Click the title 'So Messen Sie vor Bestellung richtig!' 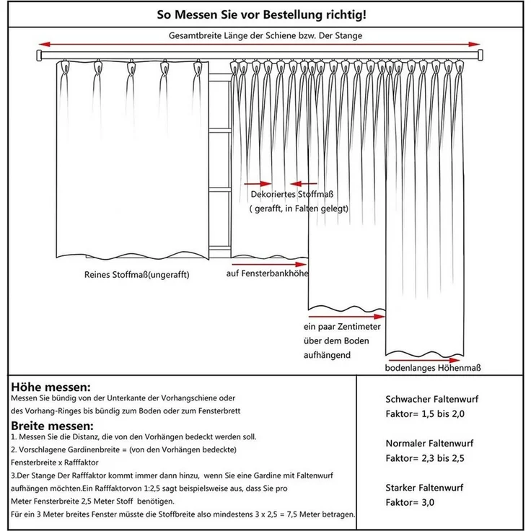click(x=265, y=14)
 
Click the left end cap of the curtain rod click(x=40, y=56)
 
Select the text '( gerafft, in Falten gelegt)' click(x=299, y=209)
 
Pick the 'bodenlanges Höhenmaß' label click(x=431, y=368)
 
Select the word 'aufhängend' click(x=328, y=356)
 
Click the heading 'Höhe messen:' click(x=51, y=387)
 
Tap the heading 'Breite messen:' click(x=52, y=425)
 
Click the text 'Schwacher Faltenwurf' click(x=432, y=399)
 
